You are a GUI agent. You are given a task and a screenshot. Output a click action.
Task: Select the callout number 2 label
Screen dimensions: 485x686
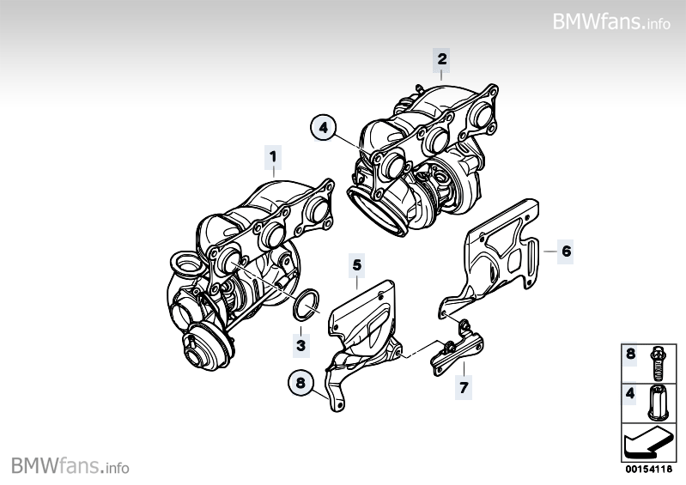(x=441, y=59)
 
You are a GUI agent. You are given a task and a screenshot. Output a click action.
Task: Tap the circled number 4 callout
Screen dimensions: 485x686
(x=323, y=128)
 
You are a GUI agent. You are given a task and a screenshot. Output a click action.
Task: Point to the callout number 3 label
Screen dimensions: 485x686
(x=301, y=344)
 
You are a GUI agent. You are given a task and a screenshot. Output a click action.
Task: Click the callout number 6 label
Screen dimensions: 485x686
(x=566, y=252)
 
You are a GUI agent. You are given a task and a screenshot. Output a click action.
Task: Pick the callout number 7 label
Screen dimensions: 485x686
(x=464, y=388)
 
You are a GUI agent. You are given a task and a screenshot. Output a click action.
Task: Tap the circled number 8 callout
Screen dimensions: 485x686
(x=299, y=384)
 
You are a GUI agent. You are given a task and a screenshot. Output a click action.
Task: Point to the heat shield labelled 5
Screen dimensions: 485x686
(x=365, y=322)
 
